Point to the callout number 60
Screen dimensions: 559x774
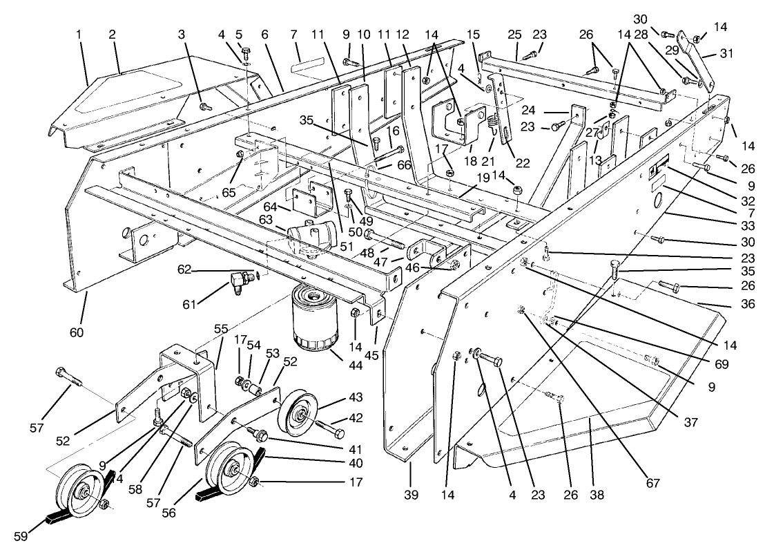[76, 332]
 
